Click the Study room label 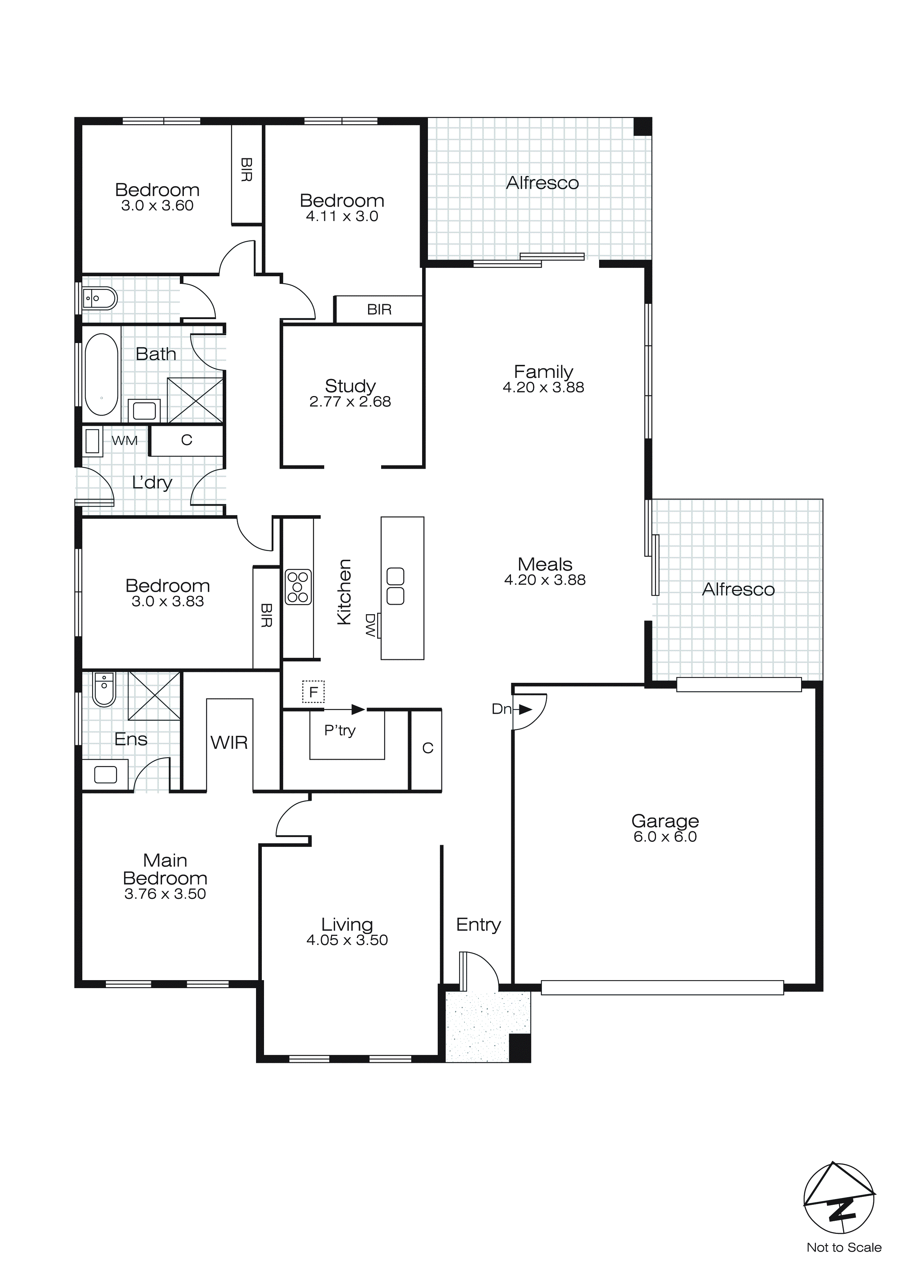point(350,386)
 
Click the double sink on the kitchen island point(395,586)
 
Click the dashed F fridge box point(313,692)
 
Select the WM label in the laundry point(124,441)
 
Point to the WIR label point(229,742)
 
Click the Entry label point(478,924)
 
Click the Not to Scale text point(844,1248)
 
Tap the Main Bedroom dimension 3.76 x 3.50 point(165,894)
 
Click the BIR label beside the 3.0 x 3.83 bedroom point(266,616)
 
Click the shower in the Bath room point(195,400)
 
